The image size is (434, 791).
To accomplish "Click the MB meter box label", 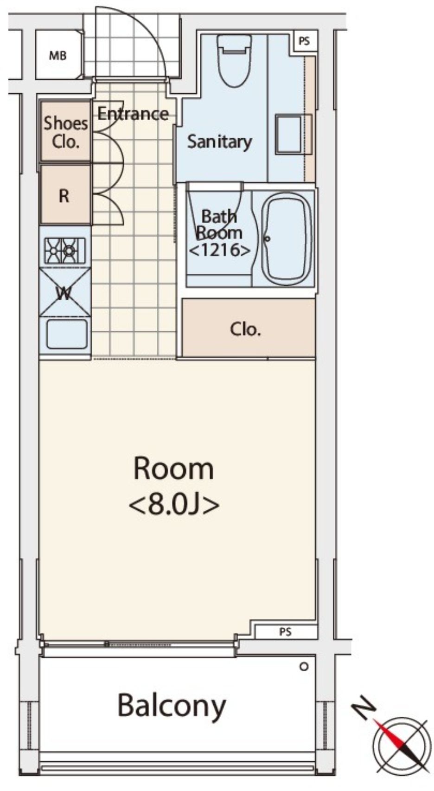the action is click(x=58, y=56).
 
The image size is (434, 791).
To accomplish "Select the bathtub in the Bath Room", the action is click(x=287, y=239).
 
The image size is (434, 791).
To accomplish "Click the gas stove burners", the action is click(x=65, y=251).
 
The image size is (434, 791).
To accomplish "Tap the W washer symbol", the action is click(x=65, y=292).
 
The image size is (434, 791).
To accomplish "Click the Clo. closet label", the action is click(x=246, y=329).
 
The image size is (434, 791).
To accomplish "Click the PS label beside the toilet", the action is click(x=304, y=41).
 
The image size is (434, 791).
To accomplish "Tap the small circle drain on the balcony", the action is click(x=304, y=667).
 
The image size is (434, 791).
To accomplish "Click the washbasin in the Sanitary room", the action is click(x=294, y=134).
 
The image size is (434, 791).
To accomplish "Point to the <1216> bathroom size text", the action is click(x=219, y=250).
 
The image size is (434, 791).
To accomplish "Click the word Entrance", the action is click(x=133, y=114).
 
